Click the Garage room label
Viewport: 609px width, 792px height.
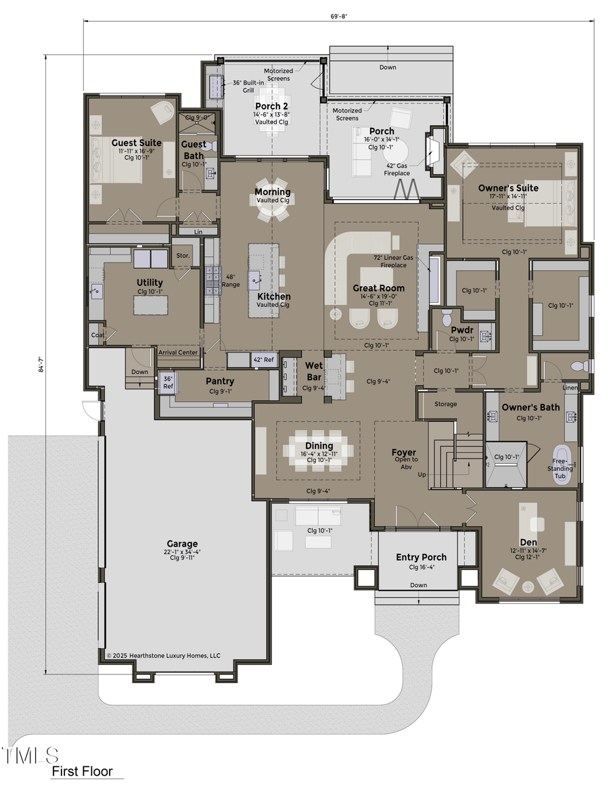pos(182,543)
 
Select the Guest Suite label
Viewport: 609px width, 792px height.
pos(136,143)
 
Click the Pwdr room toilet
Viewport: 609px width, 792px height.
pos(445,317)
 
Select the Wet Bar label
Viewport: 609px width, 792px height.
pos(313,371)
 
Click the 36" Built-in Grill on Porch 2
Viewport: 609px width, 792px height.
pos(217,87)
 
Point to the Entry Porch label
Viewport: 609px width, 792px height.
pos(421,557)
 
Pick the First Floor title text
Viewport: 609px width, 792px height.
pos(83,772)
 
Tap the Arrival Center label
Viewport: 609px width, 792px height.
pos(177,352)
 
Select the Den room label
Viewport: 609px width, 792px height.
pos(528,542)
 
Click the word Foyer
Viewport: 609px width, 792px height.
pos(404,452)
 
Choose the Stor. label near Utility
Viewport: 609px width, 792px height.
pos(183,256)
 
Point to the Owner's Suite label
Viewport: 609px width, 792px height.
pos(508,187)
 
